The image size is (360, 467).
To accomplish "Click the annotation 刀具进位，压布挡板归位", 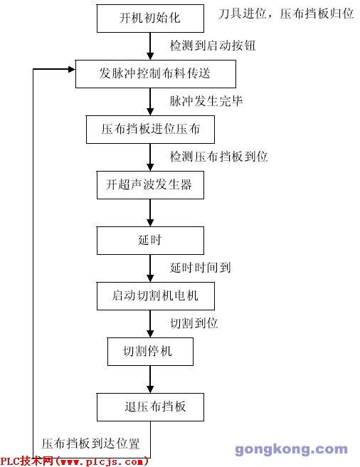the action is tap(286, 14).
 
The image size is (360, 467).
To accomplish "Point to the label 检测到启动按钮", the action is tap(213, 46).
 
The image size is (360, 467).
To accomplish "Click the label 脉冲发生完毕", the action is tap(206, 101).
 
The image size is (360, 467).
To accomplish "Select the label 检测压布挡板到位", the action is tap(218, 157).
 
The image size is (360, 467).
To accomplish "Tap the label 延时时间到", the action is tap(201, 268).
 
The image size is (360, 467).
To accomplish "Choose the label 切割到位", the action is tap(194, 323).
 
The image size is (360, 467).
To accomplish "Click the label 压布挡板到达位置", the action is tap(91, 444).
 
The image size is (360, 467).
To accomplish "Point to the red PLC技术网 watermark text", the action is tap(75, 461).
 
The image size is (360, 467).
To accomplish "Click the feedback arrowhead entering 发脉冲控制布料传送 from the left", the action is tap(72, 69).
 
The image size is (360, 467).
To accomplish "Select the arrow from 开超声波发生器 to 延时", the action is tap(150, 213).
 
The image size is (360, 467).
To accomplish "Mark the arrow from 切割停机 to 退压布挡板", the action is tap(150, 379).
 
